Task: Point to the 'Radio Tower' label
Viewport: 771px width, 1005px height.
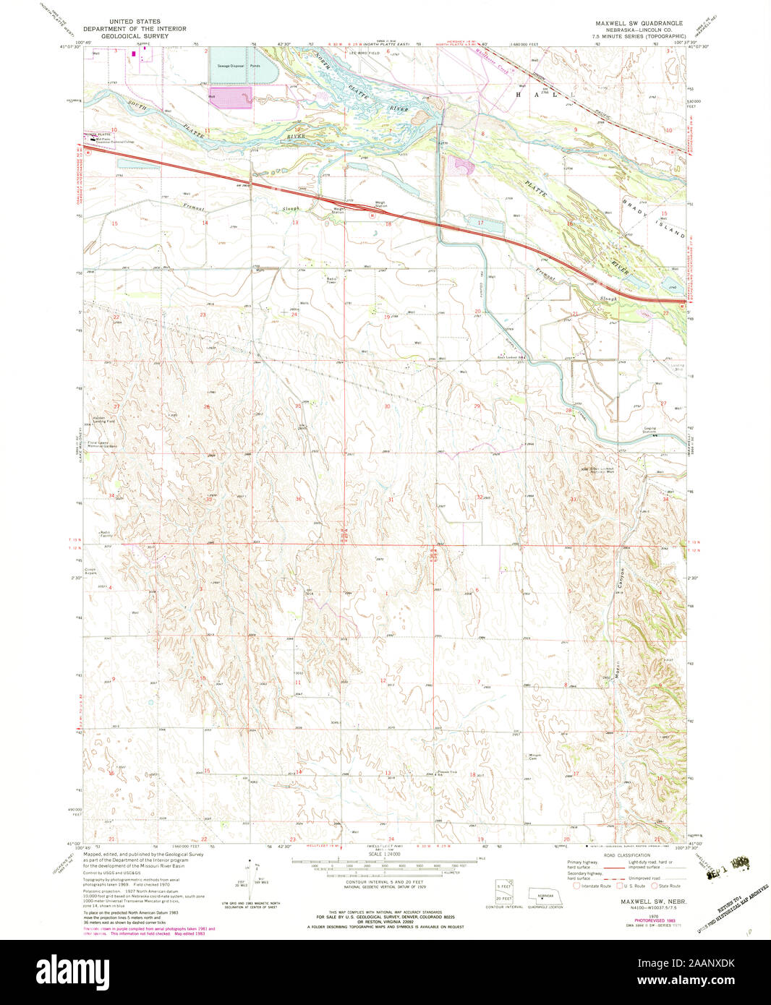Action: coord(332,280)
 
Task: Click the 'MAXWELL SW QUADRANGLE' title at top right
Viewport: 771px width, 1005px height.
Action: coord(637,23)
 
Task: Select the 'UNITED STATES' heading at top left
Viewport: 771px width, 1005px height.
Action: coord(134,22)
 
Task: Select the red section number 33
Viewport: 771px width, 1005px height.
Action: coord(573,499)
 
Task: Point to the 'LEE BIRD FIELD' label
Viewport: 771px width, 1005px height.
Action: coord(365,53)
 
